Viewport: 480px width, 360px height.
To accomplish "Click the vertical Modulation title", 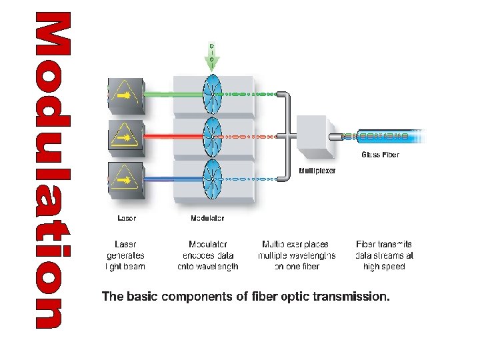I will [x=52, y=171].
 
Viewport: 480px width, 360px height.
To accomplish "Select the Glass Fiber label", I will [x=381, y=155].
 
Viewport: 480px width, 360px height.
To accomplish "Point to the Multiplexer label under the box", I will [x=317, y=171].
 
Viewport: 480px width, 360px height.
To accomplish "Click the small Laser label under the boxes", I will [x=127, y=218].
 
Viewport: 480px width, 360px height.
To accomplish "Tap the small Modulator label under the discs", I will [x=207, y=218].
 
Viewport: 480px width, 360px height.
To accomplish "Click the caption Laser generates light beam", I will [x=126, y=255].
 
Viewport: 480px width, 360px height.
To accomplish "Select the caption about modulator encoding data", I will [x=208, y=255].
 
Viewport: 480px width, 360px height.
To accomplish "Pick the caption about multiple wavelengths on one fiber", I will [x=297, y=255].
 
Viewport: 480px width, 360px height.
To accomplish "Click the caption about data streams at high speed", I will [x=385, y=255].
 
